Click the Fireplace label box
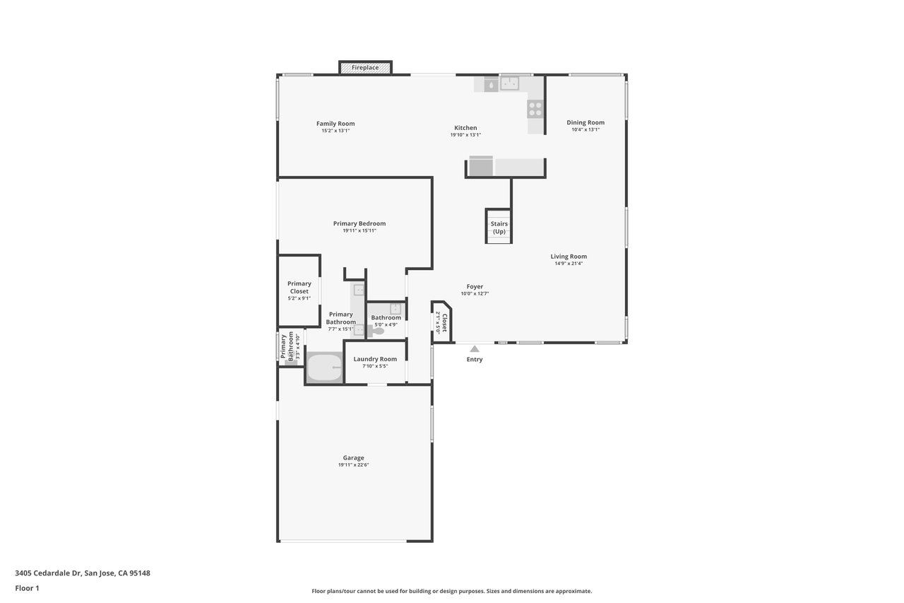365,68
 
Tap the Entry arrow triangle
475,349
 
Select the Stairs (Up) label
499,228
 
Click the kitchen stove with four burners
535,109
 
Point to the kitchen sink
510,83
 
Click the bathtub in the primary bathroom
325,367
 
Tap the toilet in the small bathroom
376,331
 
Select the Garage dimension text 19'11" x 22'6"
354,465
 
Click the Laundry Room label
375,359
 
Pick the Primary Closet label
299,287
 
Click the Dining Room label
585,122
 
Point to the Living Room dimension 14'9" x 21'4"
569,264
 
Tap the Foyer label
475,287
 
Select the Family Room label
335,124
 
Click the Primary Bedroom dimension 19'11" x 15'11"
359,230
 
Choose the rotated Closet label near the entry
445,322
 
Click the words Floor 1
27,588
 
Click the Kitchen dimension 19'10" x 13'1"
465,135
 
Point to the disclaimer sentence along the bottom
451,591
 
